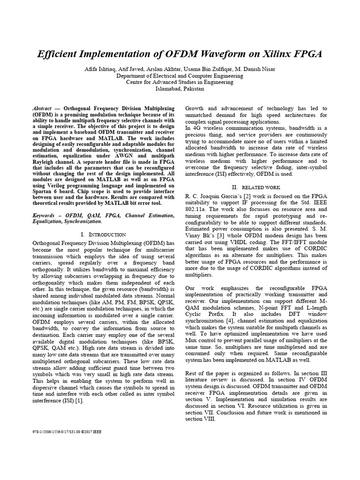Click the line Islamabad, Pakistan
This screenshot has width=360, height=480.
[180, 89]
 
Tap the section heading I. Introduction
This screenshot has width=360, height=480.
[103, 234]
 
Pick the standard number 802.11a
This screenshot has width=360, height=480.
[197, 209]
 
